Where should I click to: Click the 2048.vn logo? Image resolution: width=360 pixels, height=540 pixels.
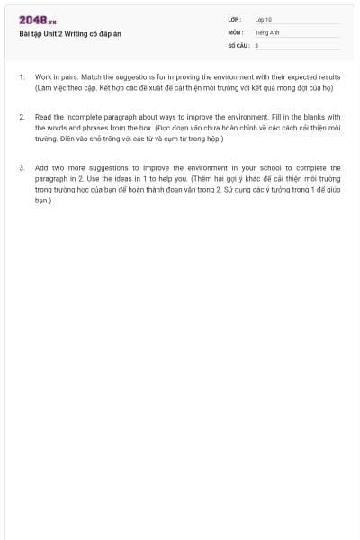[38, 20]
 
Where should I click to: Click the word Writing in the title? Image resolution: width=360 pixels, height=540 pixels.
[78, 33]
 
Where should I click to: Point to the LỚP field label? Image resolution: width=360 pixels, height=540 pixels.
[234, 19]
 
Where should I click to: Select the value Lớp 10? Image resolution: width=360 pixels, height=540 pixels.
[264, 19]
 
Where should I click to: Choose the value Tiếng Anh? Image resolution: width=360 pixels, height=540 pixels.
[267, 31]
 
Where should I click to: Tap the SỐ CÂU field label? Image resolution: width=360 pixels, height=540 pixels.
[238, 44]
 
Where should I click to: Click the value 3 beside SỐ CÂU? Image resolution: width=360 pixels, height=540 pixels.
[256, 44]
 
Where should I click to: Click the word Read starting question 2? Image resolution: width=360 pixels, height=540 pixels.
[42, 117]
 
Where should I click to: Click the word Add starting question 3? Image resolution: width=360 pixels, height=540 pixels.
[41, 167]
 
